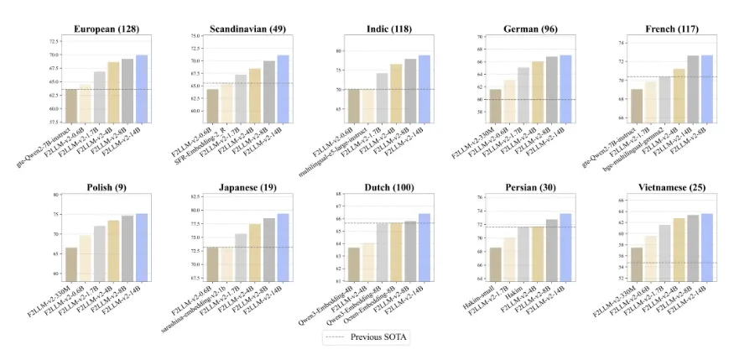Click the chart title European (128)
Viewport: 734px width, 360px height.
pyautogui.click(x=105, y=29)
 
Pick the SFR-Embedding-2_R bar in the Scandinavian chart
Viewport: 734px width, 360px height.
pyautogui.click(x=227, y=101)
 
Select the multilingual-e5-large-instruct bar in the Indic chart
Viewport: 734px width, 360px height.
pyautogui.click(x=368, y=105)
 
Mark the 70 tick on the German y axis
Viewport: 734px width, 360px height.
pyautogui.click(x=479, y=37)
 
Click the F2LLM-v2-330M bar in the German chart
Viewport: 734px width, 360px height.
pyautogui.click(x=496, y=105)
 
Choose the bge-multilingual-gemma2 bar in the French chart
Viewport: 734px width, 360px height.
pyautogui.click(x=665, y=99)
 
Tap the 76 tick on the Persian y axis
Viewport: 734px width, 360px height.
pyautogui.click(x=479, y=198)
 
